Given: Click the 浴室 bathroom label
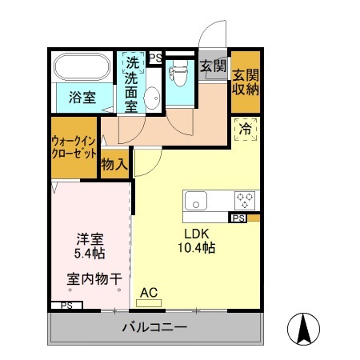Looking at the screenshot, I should click(82, 98).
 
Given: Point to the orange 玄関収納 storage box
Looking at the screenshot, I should click(246, 82).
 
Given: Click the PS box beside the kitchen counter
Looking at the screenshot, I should click(238, 218).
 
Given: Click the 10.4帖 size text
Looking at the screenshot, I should click(196, 248).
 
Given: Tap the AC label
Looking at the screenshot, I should click(149, 293).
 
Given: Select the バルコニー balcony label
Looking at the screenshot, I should click(154, 328).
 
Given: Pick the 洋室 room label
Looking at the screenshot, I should click(90, 238).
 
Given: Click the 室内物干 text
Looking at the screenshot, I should click(94, 279).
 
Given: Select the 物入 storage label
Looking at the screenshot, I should click(114, 164).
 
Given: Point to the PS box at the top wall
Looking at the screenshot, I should click(155, 57).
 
